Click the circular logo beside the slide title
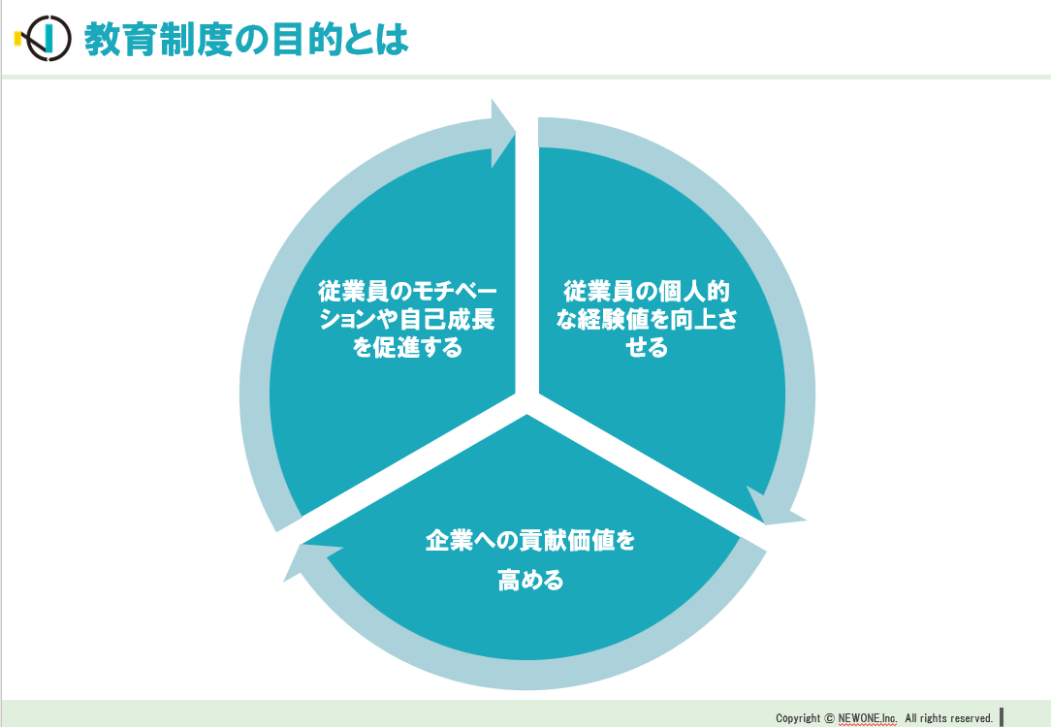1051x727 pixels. click(x=47, y=38)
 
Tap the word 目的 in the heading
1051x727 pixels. click(x=307, y=39)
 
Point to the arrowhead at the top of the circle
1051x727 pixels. click(x=502, y=134)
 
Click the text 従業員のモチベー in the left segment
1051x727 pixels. click(x=407, y=292)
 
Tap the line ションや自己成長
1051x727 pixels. click(x=407, y=320)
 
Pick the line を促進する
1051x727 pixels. click(x=407, y=347)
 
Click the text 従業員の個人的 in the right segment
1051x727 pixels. click(x=646, y=292)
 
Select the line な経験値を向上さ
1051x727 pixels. click(x=646, y=320)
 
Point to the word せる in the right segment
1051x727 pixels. click(x=646, y=347)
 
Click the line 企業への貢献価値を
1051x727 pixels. click(x=530, y=540)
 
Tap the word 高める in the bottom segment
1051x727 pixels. click(x=530, y=580)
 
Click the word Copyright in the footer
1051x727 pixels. click(x=798, y=718)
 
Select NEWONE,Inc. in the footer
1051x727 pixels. click(x=868, y=717)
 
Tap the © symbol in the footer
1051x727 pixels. click(x=829, y=718)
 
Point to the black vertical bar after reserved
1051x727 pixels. click(x=1002, y=716)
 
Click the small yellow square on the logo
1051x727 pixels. click(x=18, y=39)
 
